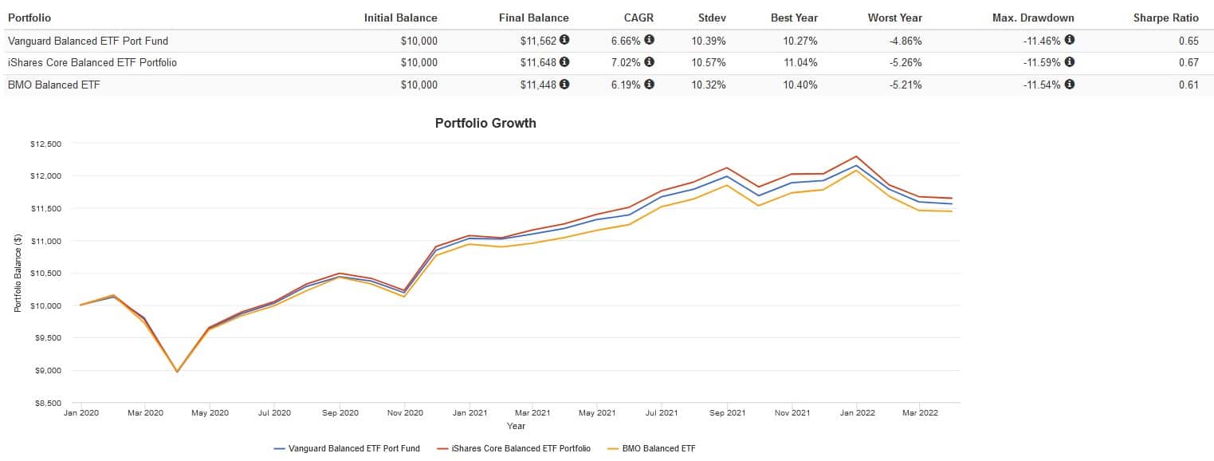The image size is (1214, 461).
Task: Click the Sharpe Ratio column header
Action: (x=1165, y=18)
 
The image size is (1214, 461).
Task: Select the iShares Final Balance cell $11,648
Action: (x=540, y=62)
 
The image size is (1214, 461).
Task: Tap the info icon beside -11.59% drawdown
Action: (x=1069, y=62)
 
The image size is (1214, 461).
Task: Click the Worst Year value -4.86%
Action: (x=905, y=40)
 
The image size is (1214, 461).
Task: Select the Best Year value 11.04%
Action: (x=800, y=62)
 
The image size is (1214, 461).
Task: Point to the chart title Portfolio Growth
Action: (x=485, y=123)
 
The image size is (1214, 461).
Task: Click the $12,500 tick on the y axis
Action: (x=45, y=144)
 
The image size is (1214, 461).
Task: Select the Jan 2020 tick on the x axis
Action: (x=80, y=413)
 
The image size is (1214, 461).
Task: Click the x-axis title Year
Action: (x=516, y=426)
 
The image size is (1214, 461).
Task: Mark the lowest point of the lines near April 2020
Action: (x=177, y=372)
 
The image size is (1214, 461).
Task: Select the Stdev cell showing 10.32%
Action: (x=709, y=85)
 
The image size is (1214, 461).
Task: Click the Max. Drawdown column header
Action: (x=1033, y=18)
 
